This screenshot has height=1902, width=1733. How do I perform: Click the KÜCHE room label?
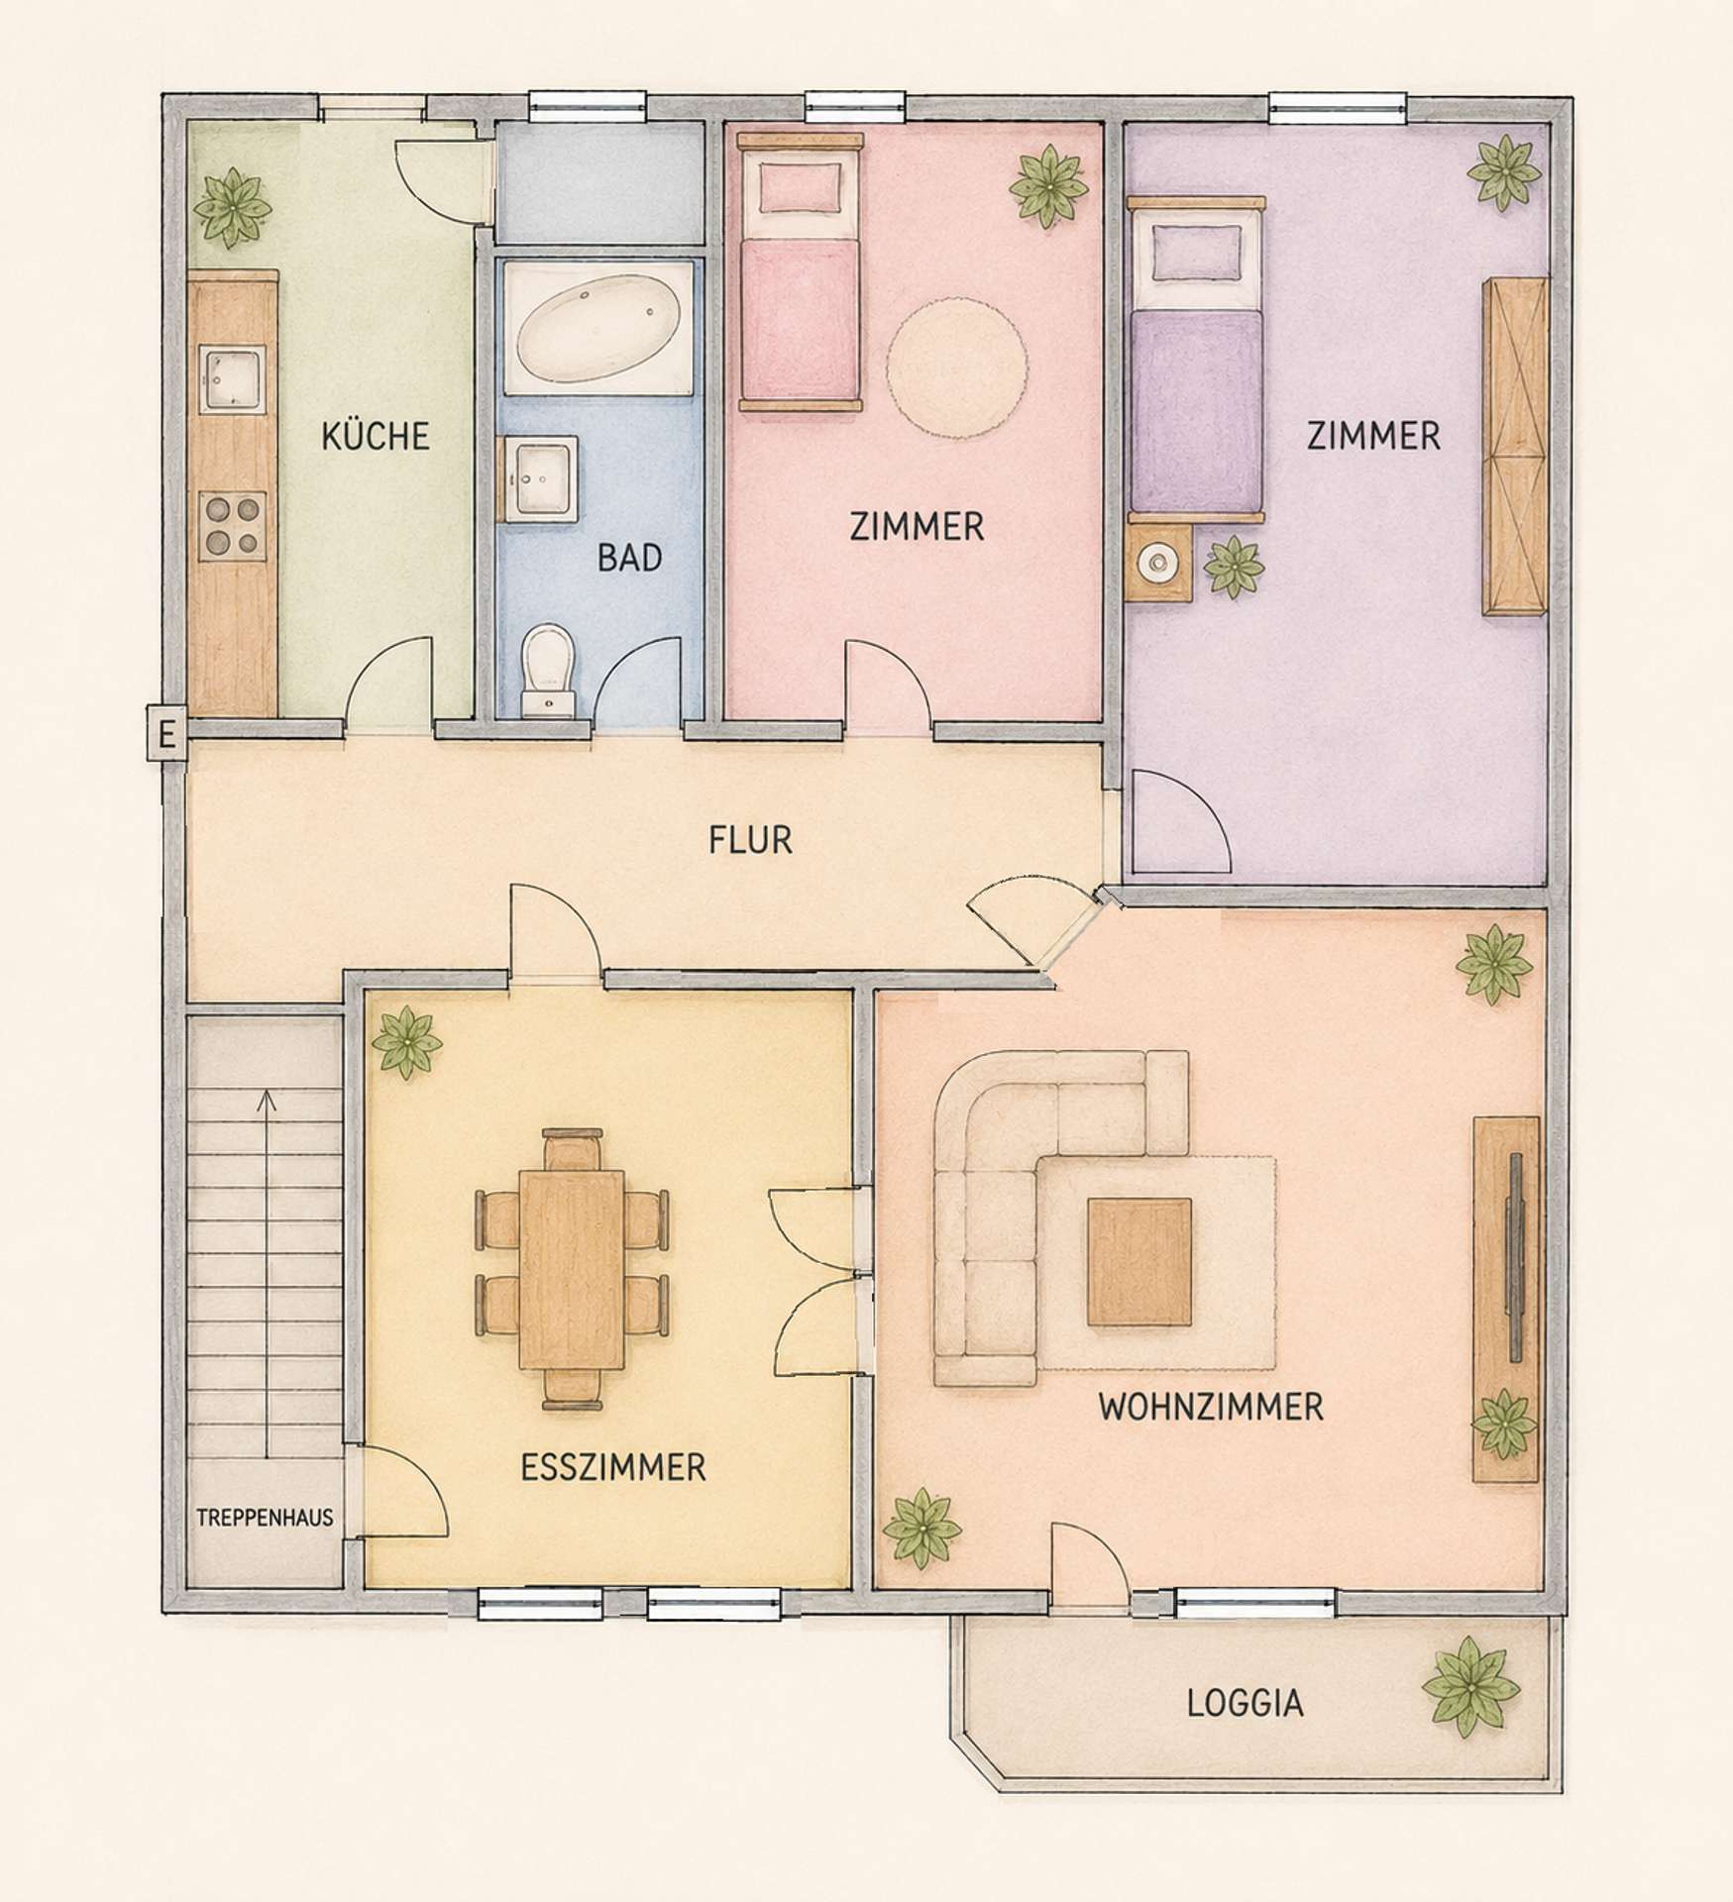coord(376,436)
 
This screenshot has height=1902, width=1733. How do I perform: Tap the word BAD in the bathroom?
coord(629,558)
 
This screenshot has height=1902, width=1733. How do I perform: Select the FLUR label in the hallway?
coord(750,841)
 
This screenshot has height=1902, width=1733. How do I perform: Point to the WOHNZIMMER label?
coord(1211,1407)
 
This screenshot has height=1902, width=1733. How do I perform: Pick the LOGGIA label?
coord(1246,1703)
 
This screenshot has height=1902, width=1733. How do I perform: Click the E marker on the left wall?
coord(166,735)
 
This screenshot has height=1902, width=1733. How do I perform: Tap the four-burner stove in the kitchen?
coord(233,525)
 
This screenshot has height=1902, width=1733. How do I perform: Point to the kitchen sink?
coord(232,379)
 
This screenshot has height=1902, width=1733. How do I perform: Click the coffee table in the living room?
coord(1139,1261)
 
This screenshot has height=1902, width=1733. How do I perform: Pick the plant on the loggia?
coord(1470,1686)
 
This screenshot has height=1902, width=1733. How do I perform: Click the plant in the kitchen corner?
coord(232,208)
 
